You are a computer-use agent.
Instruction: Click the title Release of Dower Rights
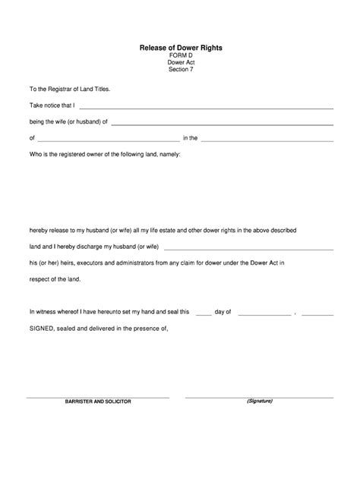[x=180, y=47]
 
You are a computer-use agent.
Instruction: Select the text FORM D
[x=180, y=56]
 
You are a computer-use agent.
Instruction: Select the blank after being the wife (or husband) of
[x=223, y=123]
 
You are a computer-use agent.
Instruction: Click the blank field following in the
[x=267, y=140]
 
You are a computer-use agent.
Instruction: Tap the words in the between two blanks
[x=190, y=138]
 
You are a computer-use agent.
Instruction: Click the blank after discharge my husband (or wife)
[x=248, y=247]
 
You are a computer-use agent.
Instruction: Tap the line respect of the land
[x=55, y=278]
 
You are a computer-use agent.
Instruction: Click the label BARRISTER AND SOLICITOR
[x=98, y=401]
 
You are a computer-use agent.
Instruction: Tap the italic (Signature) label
[x=259, y=401]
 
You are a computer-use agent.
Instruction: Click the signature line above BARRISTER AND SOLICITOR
[x=98, y=396]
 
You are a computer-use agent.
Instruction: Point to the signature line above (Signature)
[x=259, y=396]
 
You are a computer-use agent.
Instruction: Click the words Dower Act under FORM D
[x=180, y=64]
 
